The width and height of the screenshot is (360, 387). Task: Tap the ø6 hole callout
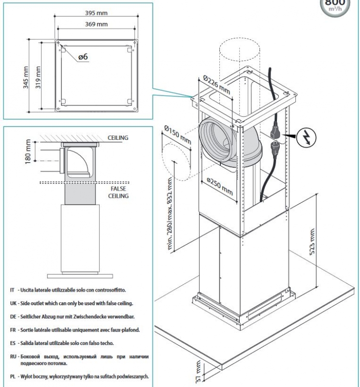[83, 57]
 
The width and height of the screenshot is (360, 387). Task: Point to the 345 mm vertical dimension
[26, 75]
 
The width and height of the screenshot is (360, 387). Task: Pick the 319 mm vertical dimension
[38, 75]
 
